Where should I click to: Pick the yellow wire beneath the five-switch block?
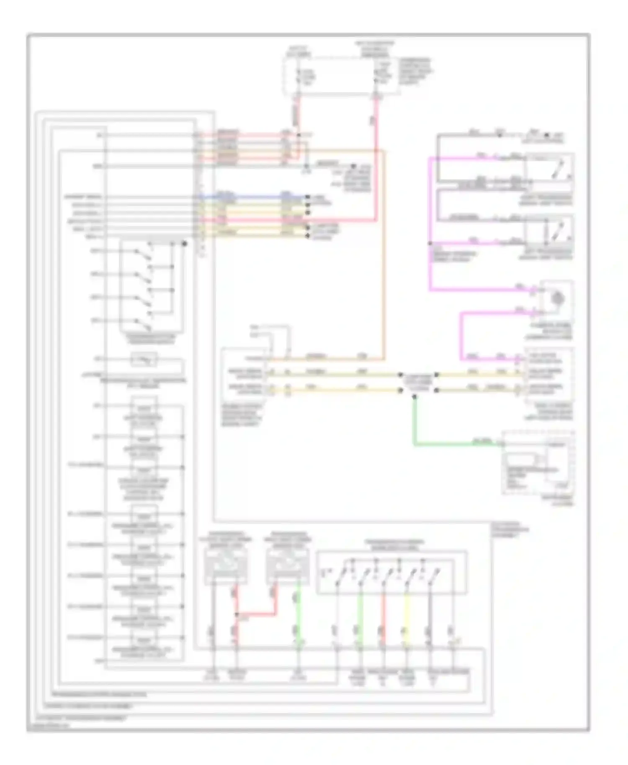(x=406, y=615)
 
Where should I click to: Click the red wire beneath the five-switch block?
(x=383, y=615)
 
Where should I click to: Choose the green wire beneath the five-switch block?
(x=359, y=615)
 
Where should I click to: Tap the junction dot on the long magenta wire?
(x=430, y=243)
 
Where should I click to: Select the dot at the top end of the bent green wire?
(x=414, y=396)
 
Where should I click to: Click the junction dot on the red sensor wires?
(x=237, y=614)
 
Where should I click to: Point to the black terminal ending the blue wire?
(x=308, y=196)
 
